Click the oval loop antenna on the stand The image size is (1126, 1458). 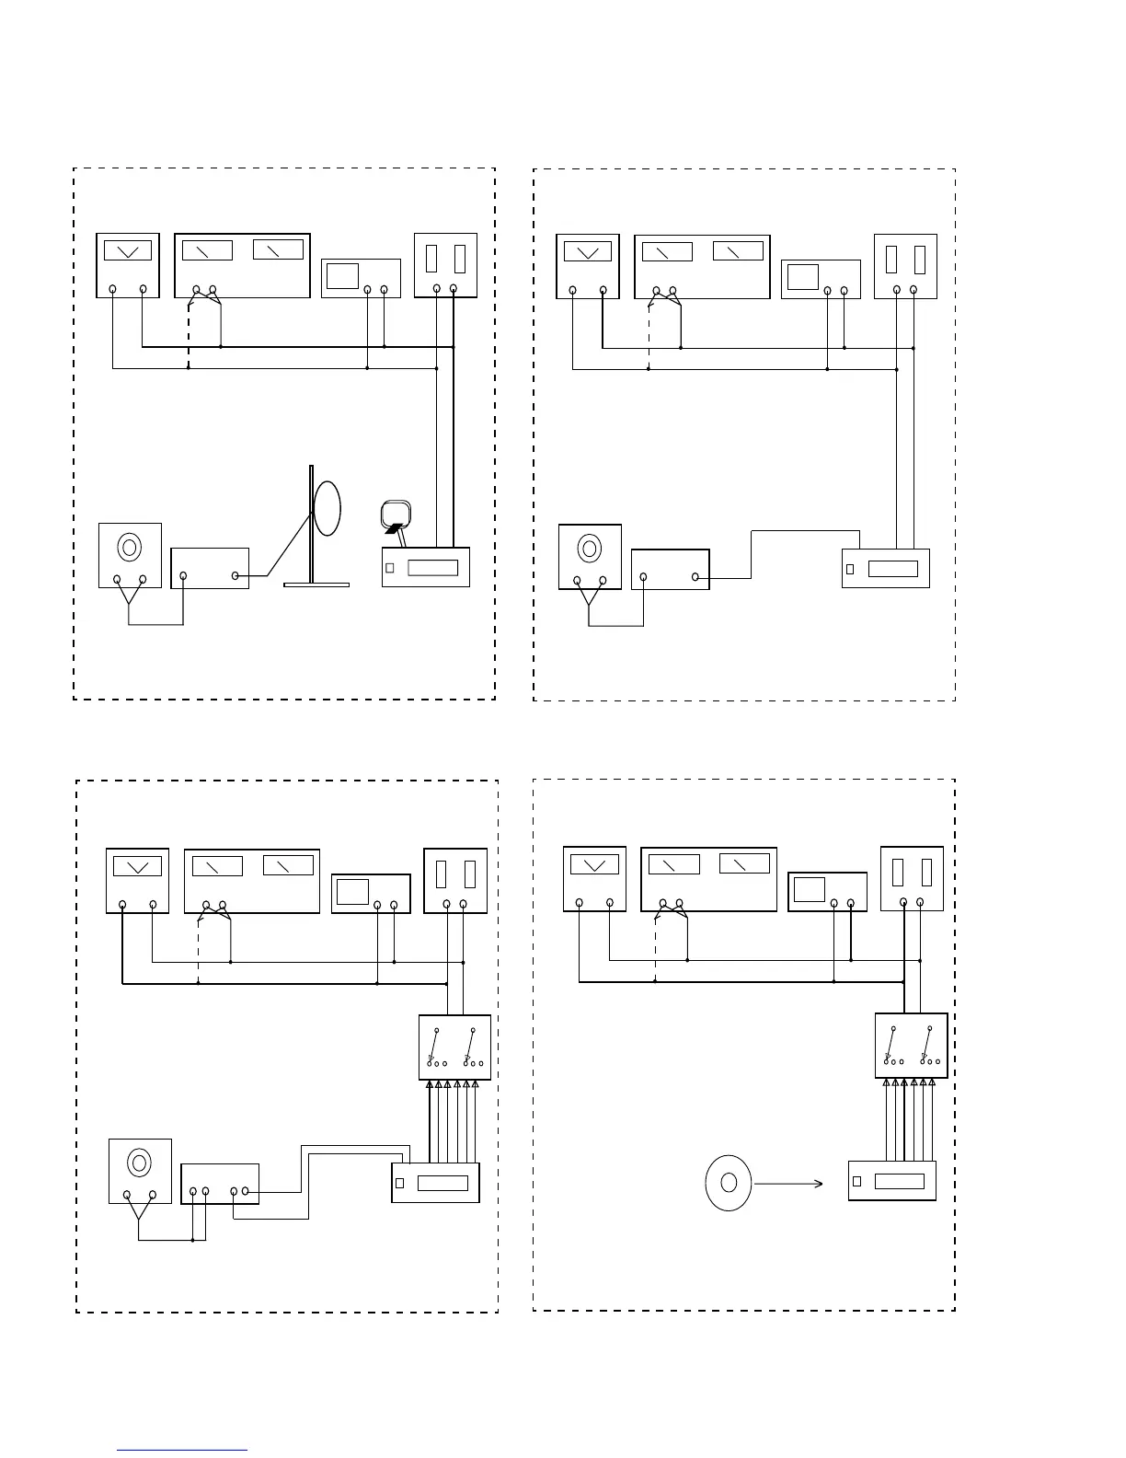coord(327,507)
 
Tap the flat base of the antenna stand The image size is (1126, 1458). coord(316,584)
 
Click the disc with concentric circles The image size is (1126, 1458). coord(728,1182)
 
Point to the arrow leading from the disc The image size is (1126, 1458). coord(788,1184)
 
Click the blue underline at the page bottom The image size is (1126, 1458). coord(182,1450)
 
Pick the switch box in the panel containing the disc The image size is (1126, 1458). coord(911,1045)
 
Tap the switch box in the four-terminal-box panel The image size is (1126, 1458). coord(454,1047)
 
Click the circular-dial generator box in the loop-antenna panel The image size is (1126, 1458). coord(130,555)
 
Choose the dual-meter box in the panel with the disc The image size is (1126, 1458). coord(708,879)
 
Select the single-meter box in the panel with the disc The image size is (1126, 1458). coord(594,879)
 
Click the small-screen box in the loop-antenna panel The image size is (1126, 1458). coord(361,278)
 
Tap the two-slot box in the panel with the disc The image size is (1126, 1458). coord(912,878)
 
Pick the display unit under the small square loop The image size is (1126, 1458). coord(426,567)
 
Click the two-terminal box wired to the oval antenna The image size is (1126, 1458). coord(210,568)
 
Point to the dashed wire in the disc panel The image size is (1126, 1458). coord(655,948)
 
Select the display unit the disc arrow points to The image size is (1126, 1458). coord(891,1181)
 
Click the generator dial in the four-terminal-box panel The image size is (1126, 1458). coord(140,1163)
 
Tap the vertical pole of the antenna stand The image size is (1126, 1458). coord(310,525)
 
